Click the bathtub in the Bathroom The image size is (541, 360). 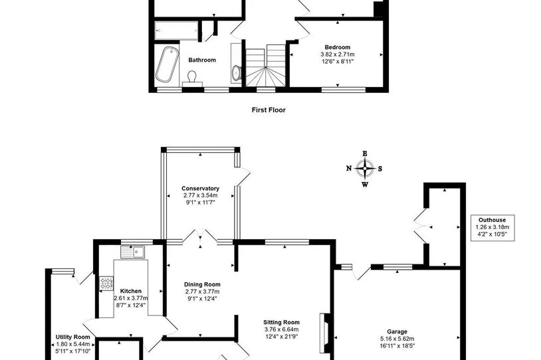[x=167, y=64]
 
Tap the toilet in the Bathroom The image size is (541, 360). [x=192, y=78]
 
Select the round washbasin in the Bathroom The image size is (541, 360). [x=237, y=73]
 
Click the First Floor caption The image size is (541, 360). [x=269, y=110]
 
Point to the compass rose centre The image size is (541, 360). [x=365, y=169]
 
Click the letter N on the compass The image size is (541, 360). [x=349, y=168]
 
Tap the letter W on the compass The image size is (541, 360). [x=365, y=185]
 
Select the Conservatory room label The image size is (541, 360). [x=201, y=188]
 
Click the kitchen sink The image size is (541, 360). [x=133, y=252]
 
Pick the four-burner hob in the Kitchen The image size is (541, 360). [x=106, y=284]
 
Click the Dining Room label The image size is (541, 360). [x=202, y=284]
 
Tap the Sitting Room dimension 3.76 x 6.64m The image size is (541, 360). [x=282, y=329]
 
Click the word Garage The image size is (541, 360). [x=397, y=331]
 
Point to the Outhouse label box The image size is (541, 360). [x=492, y=228]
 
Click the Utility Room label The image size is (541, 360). [x=73, y=337]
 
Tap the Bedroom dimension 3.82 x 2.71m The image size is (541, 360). [x=338, y=54]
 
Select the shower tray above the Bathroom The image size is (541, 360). [x=176, y=31]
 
